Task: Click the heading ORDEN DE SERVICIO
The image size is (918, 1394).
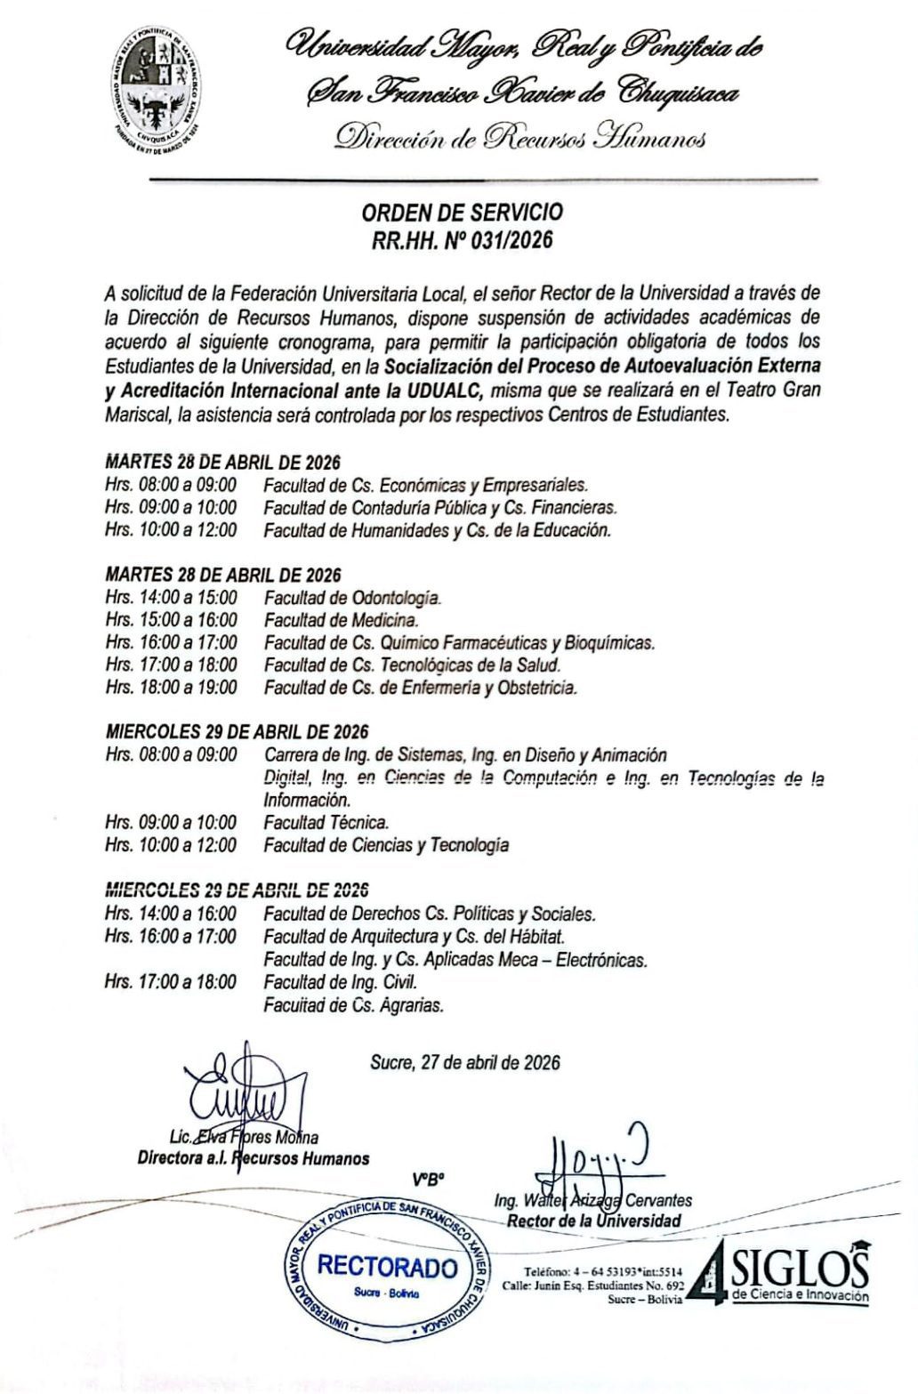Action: click(x=462, y=212)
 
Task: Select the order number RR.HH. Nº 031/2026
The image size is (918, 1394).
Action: click(x=462, y=238)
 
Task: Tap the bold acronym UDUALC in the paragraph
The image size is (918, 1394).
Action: click(x=440, y=390)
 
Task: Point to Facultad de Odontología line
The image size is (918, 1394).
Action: click(x=352, y=597)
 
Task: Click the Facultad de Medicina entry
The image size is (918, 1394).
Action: click(x=341, y=620)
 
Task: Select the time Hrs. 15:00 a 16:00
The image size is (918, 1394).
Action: click(x=171, y=620)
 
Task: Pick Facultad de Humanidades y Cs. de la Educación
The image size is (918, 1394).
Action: click(x=438, y=530)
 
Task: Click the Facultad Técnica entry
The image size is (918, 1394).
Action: click(x=326, y=822)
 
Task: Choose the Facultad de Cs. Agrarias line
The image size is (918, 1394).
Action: click(x=353, y=1006)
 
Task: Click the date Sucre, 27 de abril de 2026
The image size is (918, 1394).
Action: click(x=465, y=1061)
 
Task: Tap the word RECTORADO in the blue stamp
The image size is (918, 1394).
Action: click(x=387, y=1266)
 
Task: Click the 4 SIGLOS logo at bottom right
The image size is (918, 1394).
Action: click(x=783, y=1272)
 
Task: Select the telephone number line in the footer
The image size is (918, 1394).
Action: click(x=603, y=1271)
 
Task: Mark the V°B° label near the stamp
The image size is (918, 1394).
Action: click(x=428, y=1181)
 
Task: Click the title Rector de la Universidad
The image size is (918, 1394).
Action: click(x=594, y=1221)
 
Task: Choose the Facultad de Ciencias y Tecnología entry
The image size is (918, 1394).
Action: click(x=386, y=845)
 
